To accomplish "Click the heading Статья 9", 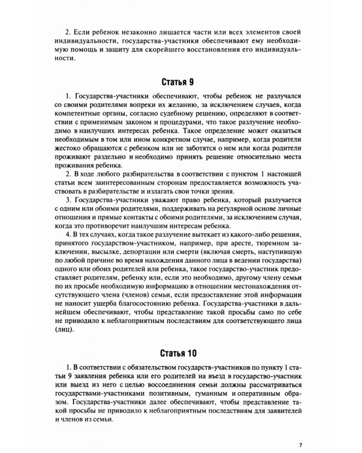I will coord(180,80).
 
